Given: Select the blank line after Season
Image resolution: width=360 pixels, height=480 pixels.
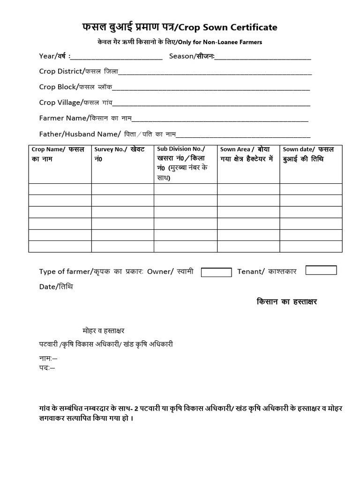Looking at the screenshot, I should coord(263,57).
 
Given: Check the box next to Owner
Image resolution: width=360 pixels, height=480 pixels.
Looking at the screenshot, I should coord(216,272).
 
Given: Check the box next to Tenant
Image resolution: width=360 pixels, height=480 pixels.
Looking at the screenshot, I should coord(321,270).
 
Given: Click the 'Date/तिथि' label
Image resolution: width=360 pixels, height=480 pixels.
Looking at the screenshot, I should coord(56,286).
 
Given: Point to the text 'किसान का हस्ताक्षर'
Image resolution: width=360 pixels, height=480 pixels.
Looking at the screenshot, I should coord(287,301).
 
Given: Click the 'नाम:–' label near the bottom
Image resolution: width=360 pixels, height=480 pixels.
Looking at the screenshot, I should coord(48,358).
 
